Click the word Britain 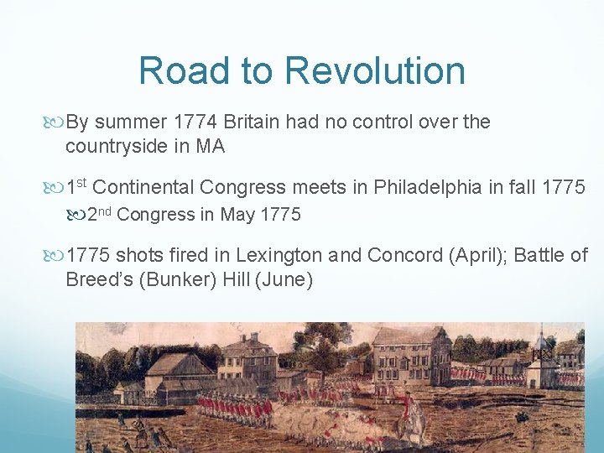click(254, 122)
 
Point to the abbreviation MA click(210, 146)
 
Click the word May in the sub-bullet click(237, 215)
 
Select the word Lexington click(275, 255)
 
